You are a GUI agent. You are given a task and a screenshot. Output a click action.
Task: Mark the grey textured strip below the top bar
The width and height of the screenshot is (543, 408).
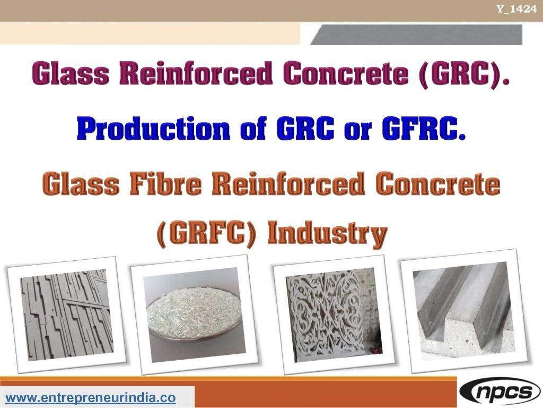point(416,35)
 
